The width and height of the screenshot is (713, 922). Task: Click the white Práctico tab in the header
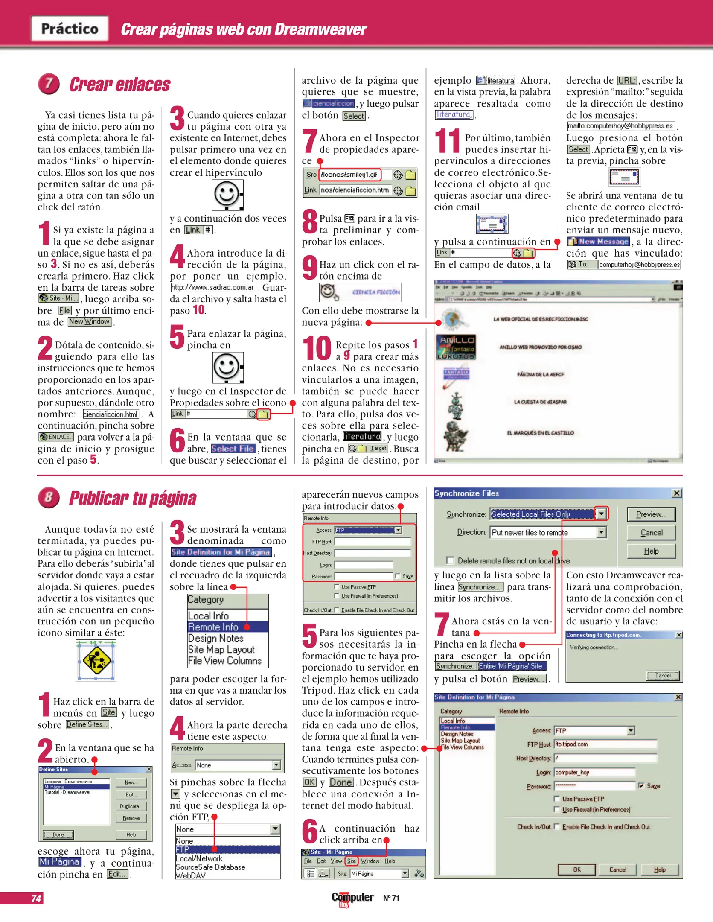[70, 29]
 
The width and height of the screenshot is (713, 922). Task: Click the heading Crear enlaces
[119, 85]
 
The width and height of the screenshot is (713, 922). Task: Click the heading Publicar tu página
[132, 498]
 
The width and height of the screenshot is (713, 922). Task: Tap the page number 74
[36, 898]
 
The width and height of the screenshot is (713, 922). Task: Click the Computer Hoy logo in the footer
[352, 899]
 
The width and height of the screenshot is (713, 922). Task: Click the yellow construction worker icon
[96, 660]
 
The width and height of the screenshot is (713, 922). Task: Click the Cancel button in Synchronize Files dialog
[651, 532]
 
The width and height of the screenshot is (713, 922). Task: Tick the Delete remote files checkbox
[450, 560]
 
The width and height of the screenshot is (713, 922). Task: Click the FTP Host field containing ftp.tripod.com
[605, 744]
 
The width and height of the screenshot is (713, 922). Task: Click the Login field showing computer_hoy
[594, 772]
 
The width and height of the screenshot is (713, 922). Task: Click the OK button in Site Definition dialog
[576, 869]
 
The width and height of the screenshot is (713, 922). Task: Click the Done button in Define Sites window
[58, 834]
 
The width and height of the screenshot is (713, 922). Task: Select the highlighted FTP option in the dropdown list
[227, 849]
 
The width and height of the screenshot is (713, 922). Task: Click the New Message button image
[598, 242]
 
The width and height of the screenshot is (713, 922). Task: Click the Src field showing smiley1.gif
[349, 175]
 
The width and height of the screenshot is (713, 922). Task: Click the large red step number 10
[317, 349]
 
